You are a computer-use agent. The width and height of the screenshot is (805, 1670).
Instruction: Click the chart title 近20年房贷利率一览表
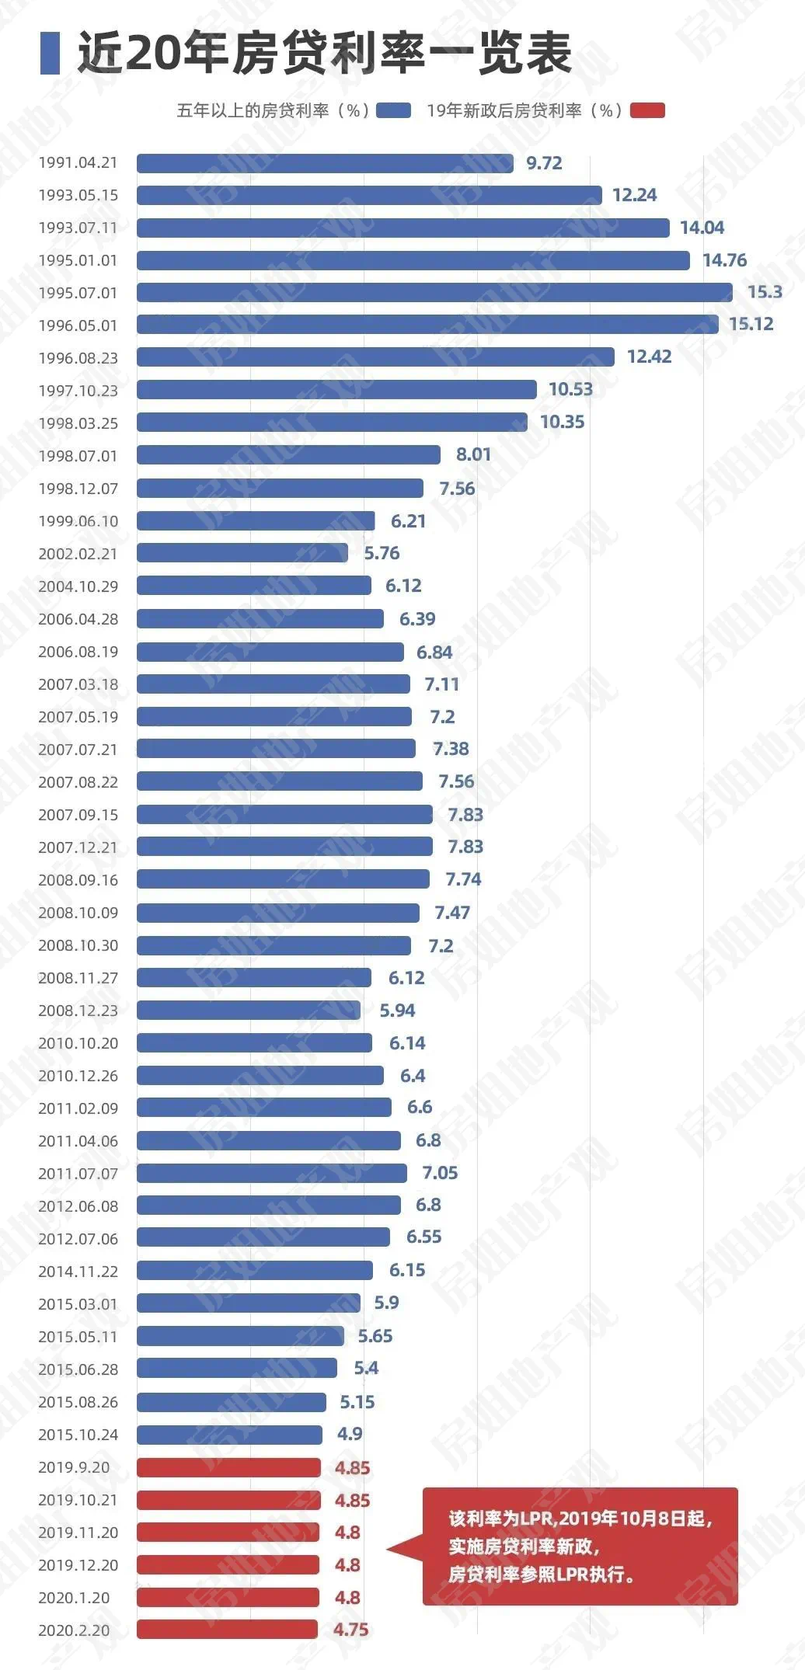[325, 53]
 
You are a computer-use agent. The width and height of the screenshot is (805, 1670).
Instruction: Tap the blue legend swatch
[393, 110]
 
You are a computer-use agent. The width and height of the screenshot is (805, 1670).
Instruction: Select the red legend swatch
[647, 110]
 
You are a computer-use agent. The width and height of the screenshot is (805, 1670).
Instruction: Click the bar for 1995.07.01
[434, 292]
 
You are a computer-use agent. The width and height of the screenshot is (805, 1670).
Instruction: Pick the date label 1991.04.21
[78, 163]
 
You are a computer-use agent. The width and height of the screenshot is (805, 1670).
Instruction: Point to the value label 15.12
[751, 325]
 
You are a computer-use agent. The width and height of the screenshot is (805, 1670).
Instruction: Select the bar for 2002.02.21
[242, 553]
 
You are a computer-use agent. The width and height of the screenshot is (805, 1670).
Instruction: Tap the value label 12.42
[649, 357]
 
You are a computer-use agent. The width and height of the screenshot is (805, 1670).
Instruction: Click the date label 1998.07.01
[78, 456]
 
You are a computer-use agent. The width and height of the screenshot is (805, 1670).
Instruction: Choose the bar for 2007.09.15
[284, 814]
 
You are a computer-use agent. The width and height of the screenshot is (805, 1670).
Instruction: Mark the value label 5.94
[397, 1011]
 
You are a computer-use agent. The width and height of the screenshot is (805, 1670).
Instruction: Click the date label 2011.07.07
[78, 1174]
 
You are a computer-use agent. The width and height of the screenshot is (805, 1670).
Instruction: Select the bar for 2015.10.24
[229, 1435]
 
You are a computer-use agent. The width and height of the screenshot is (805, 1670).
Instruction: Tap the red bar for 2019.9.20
[228, 1467]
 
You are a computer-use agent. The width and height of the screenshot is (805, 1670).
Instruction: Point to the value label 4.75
[350, 1630]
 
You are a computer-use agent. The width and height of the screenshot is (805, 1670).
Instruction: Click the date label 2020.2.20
[74, 1630]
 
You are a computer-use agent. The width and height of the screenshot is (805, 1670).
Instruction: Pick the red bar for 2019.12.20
[228, 1565]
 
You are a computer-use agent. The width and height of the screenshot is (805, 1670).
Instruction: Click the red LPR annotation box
[580, 1546]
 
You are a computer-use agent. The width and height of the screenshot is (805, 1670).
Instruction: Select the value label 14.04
[702, 228]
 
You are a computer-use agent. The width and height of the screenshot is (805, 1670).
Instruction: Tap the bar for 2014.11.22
[255, 1270]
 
